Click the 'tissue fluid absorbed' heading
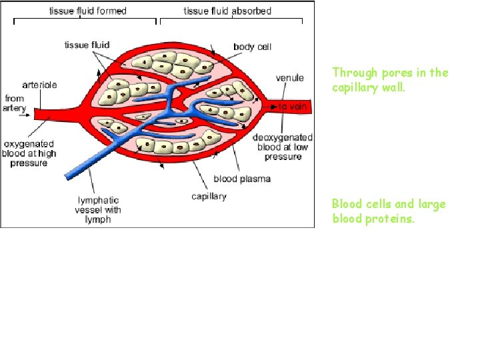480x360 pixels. (x=228, y=11)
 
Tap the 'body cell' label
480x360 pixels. (x=252, y=47)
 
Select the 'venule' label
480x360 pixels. (x=290, y=78)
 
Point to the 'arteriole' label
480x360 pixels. (x=39, y=85)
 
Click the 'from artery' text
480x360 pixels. (x=15, y=103)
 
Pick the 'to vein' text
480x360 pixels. (x=293, y=107)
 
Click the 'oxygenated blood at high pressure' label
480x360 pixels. (x=29, y=153)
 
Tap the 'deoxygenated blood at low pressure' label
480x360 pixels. (x=283, y=147)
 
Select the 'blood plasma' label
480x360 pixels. (x=241, y=179)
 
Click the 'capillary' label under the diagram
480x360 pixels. (x=209, y=196)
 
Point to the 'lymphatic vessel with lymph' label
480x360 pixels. (x=99, y=210)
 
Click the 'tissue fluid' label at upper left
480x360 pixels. (x=87, y=45)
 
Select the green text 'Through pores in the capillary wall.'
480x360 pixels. (x=390, y=79)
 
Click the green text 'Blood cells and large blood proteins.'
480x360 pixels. (x=389, y=211)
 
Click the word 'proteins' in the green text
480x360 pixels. (x=394, y=218)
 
